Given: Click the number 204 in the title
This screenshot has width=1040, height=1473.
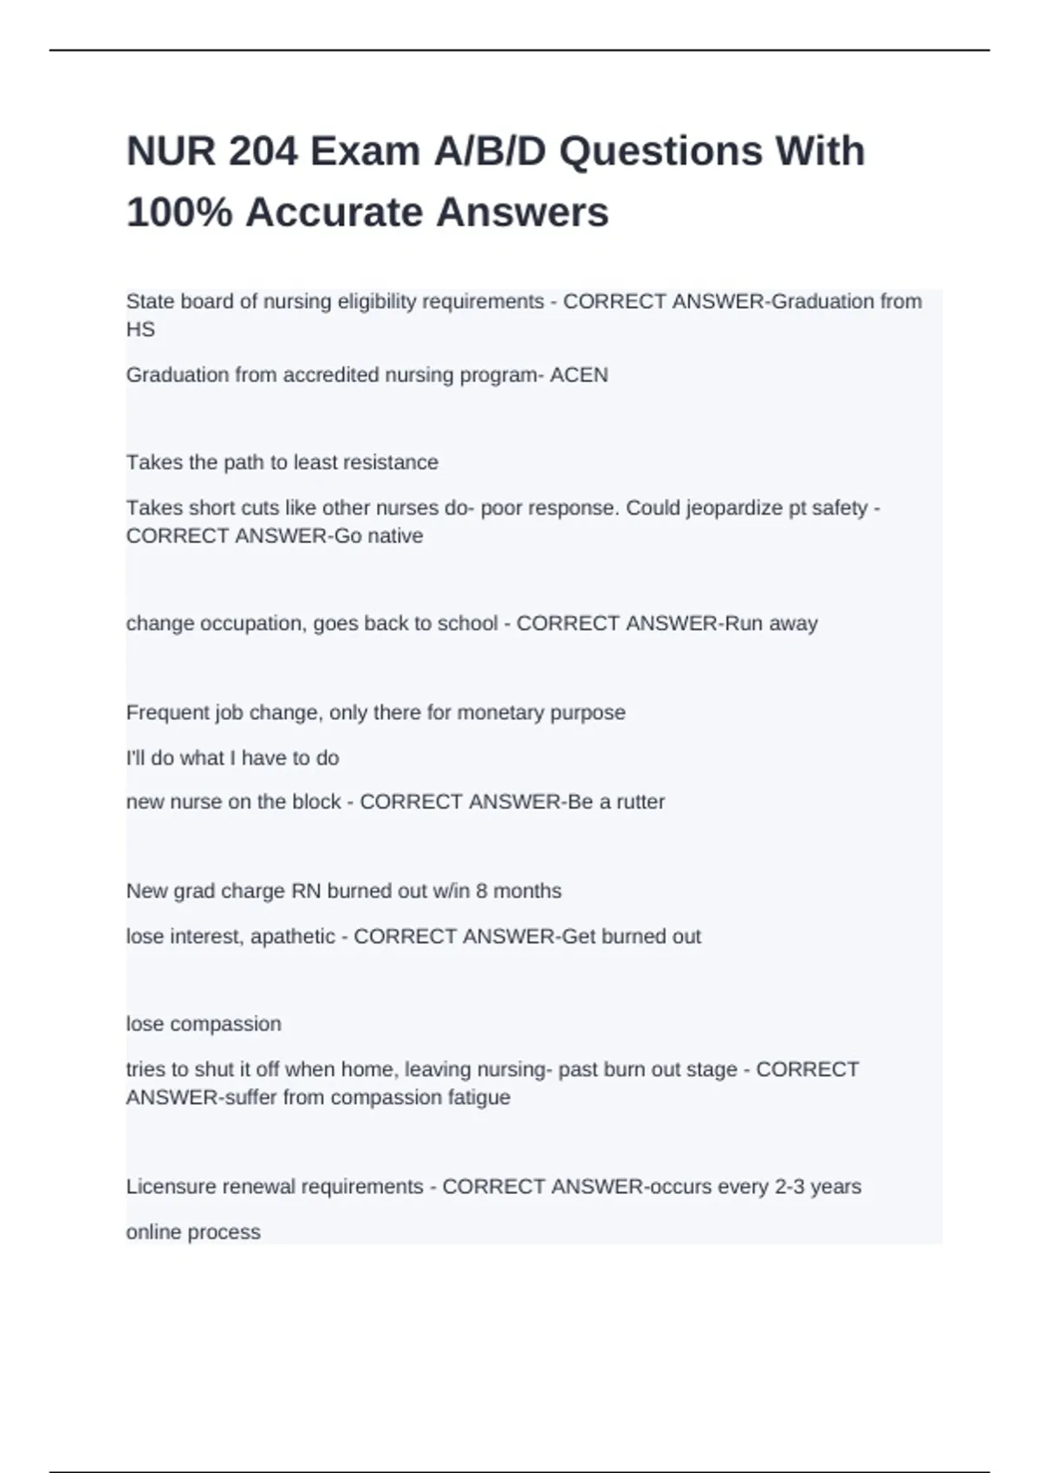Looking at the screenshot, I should coord(263,152).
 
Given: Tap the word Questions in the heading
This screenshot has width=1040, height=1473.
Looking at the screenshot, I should coord(660,152).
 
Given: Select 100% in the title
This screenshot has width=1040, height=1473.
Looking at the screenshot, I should coord(179,213).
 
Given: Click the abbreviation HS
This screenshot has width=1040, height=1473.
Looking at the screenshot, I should coord(140,330).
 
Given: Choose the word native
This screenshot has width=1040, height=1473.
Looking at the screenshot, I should coord(396,536).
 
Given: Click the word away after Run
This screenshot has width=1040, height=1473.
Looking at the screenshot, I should coord(793,624).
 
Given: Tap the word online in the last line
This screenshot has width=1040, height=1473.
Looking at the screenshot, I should coord(153,1232).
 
